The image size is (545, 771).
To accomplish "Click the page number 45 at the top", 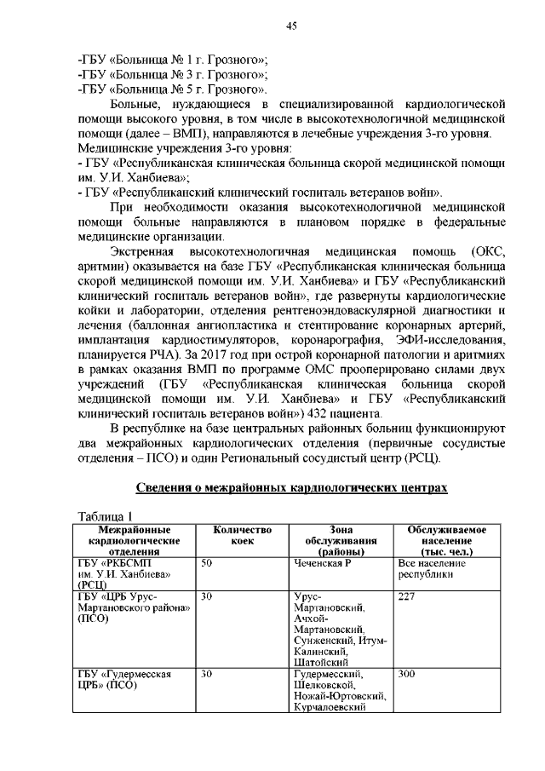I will click(290, 26).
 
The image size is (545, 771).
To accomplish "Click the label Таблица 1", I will click(106, 517).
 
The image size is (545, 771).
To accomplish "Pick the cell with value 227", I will click(406, 597).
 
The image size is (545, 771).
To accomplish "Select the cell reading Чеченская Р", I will click(317, 564).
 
